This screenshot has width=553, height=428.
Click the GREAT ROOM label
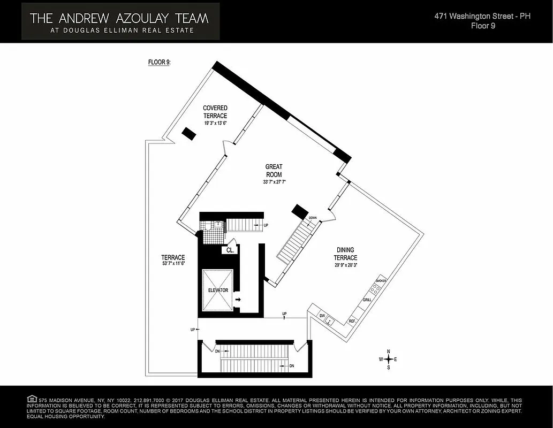tap(274, 171)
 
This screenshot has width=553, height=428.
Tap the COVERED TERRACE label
tap(215, 112)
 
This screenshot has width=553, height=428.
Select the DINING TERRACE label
tap(346, 254)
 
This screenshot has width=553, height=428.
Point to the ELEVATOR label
tap(218, 291)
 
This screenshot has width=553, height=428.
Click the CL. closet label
tap(230, 250)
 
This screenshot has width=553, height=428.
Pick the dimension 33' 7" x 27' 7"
tap(274, 182)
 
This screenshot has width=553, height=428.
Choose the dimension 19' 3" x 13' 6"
tap(215, 123)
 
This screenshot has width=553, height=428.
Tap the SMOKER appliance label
tap(381, 281)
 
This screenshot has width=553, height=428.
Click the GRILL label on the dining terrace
tap(367, 301)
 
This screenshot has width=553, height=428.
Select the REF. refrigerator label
tap(352, 321)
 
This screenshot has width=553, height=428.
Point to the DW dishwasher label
tap(322, 316)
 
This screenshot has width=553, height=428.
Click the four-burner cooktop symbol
tap(376, 289)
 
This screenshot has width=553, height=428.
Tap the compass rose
tap(388, 359)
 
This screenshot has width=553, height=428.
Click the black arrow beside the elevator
tap(238, 300)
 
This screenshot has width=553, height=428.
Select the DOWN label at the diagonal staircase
tap(313, 218)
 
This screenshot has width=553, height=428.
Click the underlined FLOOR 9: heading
tap(159, 62)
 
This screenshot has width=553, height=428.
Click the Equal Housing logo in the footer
tap(32, 399)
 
